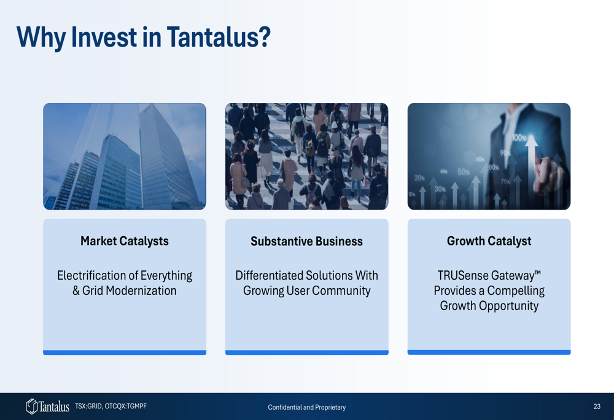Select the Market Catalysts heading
[x=125, y=242]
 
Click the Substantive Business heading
[x=306, y=242]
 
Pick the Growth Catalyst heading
[x=489, y=242]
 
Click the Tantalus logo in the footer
[x=47, y=407]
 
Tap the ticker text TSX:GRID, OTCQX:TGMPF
[x=111, y=407]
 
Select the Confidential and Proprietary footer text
[x=306, y=407]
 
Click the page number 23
[x=597, y=407]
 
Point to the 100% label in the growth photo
[x=519, y=138]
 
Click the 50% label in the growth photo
[x=464, y=172]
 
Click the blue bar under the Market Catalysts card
[x=125, y=353]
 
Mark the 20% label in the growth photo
[x=419, y=178]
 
